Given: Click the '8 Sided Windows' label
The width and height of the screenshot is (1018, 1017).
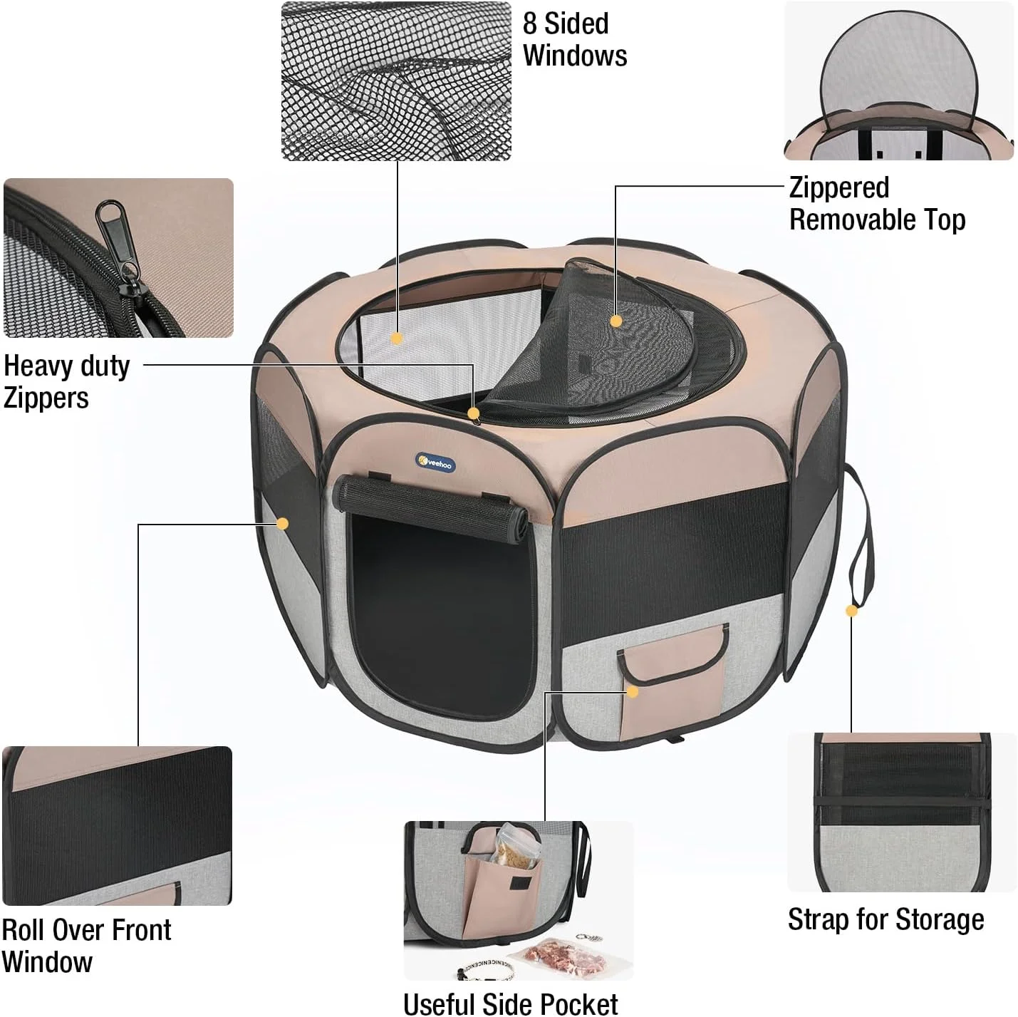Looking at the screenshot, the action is (575, 40).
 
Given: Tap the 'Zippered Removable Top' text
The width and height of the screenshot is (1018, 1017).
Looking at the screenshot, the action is (877, 204).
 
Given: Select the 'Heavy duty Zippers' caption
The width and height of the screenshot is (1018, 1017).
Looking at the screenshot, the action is (66, 381).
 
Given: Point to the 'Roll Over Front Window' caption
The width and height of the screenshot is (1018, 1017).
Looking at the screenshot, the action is (86, 946).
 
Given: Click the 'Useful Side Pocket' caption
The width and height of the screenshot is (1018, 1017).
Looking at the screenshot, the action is (510, 1003).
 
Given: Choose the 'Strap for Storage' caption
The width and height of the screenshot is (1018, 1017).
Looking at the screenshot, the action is (886, 934).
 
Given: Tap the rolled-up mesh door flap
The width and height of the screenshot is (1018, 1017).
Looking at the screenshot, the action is (430, 506).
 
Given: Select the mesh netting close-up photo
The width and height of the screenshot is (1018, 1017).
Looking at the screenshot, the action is (396, 81).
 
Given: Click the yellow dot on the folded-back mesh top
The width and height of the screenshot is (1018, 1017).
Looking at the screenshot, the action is (616, 321).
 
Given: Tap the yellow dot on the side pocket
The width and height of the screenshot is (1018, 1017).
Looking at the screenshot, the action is (633, 692).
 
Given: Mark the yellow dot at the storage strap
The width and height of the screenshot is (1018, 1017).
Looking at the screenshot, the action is (851, 611).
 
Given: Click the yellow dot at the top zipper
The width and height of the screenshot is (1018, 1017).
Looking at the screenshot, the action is (474, 413).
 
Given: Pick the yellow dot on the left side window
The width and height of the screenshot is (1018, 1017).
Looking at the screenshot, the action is (283, 524).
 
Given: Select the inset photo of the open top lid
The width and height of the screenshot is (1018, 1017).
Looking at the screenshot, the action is (899, 81).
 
